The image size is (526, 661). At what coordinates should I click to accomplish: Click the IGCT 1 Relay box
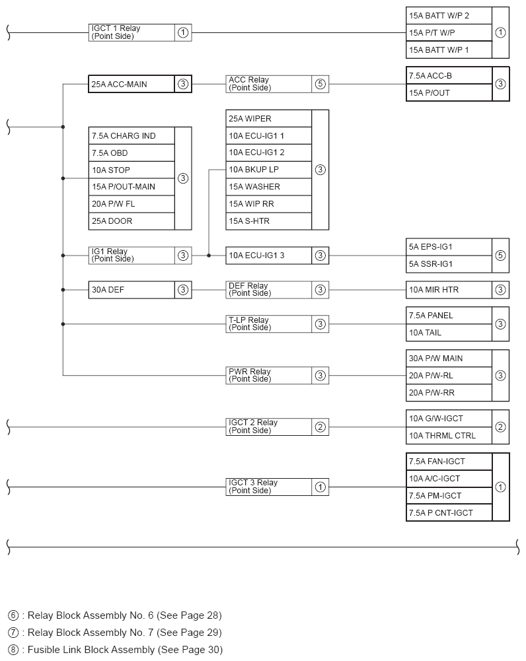pyautogui.click(x=132, y=32)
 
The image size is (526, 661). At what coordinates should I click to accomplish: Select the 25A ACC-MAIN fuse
pyautogui.click(x=131, y=84)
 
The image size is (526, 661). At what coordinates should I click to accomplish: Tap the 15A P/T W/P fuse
pyautogui.click(x=449, y=32)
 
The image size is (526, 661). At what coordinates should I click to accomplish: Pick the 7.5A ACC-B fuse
pyautogui.click(x=449, y=75)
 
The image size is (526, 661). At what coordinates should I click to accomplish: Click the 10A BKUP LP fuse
pyautogui.click(x=268, y=170)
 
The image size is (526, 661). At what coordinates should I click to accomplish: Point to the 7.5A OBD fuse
pyautogui.click(x=131, y=153)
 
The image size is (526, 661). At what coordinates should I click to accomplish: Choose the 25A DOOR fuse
pyautogui.click(x=131, y=221)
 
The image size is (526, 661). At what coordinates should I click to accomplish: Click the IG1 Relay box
pyautogui.click(x=131, y=256)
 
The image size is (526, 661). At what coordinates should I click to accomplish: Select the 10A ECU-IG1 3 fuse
pyautogui.click(x=268, y=256)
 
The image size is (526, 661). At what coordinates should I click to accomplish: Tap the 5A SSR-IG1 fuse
pyautogui.click(x=449, y=264)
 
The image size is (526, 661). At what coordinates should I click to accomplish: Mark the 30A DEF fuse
pyautogui.click(x=131, y=290)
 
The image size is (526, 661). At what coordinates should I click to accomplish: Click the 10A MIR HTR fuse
pyautogui.click(x=449, y=290)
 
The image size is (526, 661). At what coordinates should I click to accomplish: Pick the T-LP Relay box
pyautogui.click(x=268, y=324)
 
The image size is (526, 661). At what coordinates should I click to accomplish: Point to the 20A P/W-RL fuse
pyautogui.click(x=449, y=376)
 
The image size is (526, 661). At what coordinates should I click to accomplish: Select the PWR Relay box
pyautogui.click(x=268, y=376)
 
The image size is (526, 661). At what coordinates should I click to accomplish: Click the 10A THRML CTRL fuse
pyautogui.click(x=449, y=436)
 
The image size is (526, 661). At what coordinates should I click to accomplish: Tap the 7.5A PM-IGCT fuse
pyautogui.click(x=449, y=496)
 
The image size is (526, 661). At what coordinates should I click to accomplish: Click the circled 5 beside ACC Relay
pyautogui.click(x=320, y=84)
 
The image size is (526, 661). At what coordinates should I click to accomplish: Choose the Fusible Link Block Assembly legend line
pyautogui.click(x=116, y=650)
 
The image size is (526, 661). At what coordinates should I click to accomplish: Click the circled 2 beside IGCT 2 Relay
pyautogui.click(x=320, y=427)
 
